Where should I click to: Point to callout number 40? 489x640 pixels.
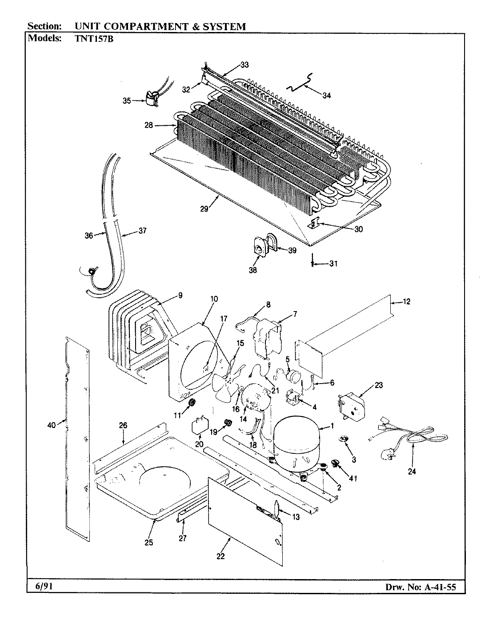(51, 425)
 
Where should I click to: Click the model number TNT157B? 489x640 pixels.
(91, 38)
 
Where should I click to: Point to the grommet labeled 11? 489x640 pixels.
(192, 403)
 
